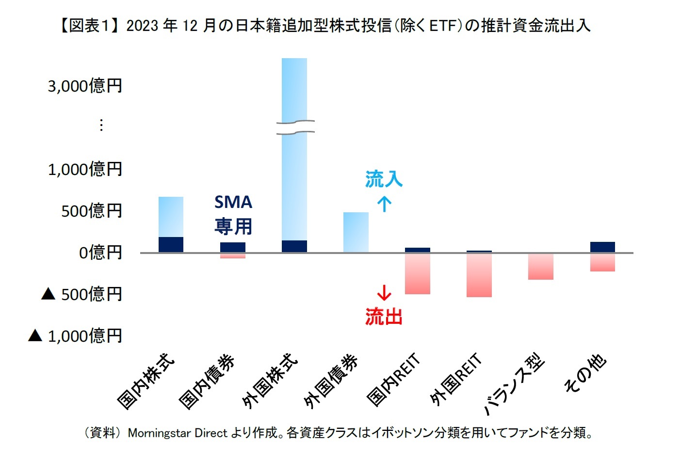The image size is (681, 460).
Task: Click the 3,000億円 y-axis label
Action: tap(85, 86)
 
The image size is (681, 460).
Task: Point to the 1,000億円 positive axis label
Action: tap(85, 170)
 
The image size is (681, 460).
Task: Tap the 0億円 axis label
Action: tap(100, 253)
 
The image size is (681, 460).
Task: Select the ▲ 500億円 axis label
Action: tap(81, 294)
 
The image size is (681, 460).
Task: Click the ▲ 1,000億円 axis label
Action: tap(75, 336)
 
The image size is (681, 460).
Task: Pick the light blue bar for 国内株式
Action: tap(171, 217)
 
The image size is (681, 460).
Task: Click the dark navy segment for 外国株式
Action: tap(294, 246)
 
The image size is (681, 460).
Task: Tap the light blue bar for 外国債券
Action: tap(356, 232)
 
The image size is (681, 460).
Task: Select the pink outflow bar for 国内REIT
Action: tap(417, 274)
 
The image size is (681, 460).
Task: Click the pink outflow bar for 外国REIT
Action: tap(479, 275)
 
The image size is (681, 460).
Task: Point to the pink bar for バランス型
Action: tap(540, 267)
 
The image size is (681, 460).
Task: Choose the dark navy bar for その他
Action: tap(602, 247)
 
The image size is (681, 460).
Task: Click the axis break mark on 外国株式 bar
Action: tap(295, 127)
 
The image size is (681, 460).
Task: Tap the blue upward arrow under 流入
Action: tap(384, 204)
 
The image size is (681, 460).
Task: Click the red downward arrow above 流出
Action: tap(384, 293)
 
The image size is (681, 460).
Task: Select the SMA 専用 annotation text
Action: tap(233, 214)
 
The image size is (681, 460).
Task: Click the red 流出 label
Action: tap(384, 317)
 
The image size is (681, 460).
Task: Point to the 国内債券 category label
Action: tap(207, 381)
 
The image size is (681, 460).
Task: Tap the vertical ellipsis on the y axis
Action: tap(101, 125)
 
